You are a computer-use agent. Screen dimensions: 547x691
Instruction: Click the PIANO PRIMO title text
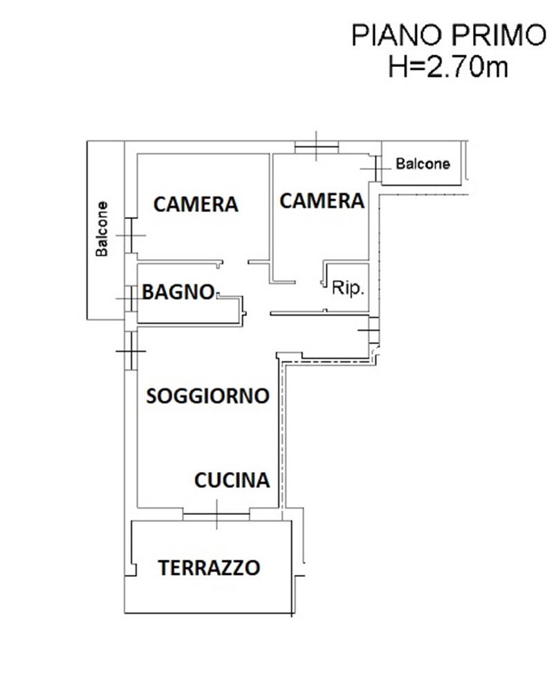point(449,36)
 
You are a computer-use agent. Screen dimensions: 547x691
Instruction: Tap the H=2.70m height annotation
point(448,67)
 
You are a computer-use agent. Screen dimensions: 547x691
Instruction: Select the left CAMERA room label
point(196,205)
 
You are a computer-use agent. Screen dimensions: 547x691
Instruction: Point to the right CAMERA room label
point(322,201)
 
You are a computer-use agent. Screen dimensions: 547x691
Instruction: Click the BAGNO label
point(178,292)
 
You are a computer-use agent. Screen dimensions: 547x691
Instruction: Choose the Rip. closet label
point(348,288)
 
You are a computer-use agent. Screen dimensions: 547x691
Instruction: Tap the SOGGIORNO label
point(207,396)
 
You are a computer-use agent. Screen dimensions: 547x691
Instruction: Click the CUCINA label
point(232,480)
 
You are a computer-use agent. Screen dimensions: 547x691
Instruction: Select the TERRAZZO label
point(209,568)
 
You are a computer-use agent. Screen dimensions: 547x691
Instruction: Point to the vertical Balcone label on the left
point(102,229)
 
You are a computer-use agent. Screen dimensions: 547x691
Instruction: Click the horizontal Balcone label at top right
point(423,164)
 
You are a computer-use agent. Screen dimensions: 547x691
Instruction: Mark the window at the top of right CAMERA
point(316,147)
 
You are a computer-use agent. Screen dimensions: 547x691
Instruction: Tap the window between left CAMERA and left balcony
point(131,236)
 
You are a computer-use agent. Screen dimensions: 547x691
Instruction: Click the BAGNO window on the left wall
point(131,299)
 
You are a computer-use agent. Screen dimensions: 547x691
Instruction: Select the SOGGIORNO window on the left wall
point(131,351)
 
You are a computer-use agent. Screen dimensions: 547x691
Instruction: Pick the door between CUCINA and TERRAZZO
point(216,514)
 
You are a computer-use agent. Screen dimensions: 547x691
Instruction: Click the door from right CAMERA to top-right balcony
point(376,169)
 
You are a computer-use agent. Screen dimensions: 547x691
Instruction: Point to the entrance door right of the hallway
point(373,330)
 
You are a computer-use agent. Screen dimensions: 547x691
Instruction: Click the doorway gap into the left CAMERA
point(235,262)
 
